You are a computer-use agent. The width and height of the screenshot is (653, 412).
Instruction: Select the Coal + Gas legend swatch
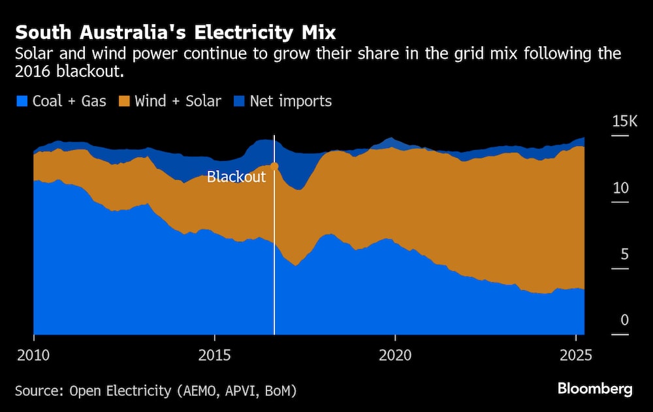22,101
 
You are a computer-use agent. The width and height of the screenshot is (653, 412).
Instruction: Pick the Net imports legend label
291,101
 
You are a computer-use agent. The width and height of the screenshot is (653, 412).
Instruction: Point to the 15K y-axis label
624,122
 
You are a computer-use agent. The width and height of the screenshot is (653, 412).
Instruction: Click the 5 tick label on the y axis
624,254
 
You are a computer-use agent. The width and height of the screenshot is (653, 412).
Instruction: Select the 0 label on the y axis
624,321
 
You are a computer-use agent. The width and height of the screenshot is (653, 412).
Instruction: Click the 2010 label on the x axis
33,356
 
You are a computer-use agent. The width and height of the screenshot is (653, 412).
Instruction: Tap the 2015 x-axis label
214,356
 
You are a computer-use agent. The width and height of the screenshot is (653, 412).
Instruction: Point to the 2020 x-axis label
395,356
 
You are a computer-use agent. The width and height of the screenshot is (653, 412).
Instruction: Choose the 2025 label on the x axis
575,356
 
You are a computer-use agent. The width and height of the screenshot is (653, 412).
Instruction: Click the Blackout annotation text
236,177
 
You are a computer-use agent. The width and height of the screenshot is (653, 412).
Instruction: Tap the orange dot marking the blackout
274,166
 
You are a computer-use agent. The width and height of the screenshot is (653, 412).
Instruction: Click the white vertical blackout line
274,261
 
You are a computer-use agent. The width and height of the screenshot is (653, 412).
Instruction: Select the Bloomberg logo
595,389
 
